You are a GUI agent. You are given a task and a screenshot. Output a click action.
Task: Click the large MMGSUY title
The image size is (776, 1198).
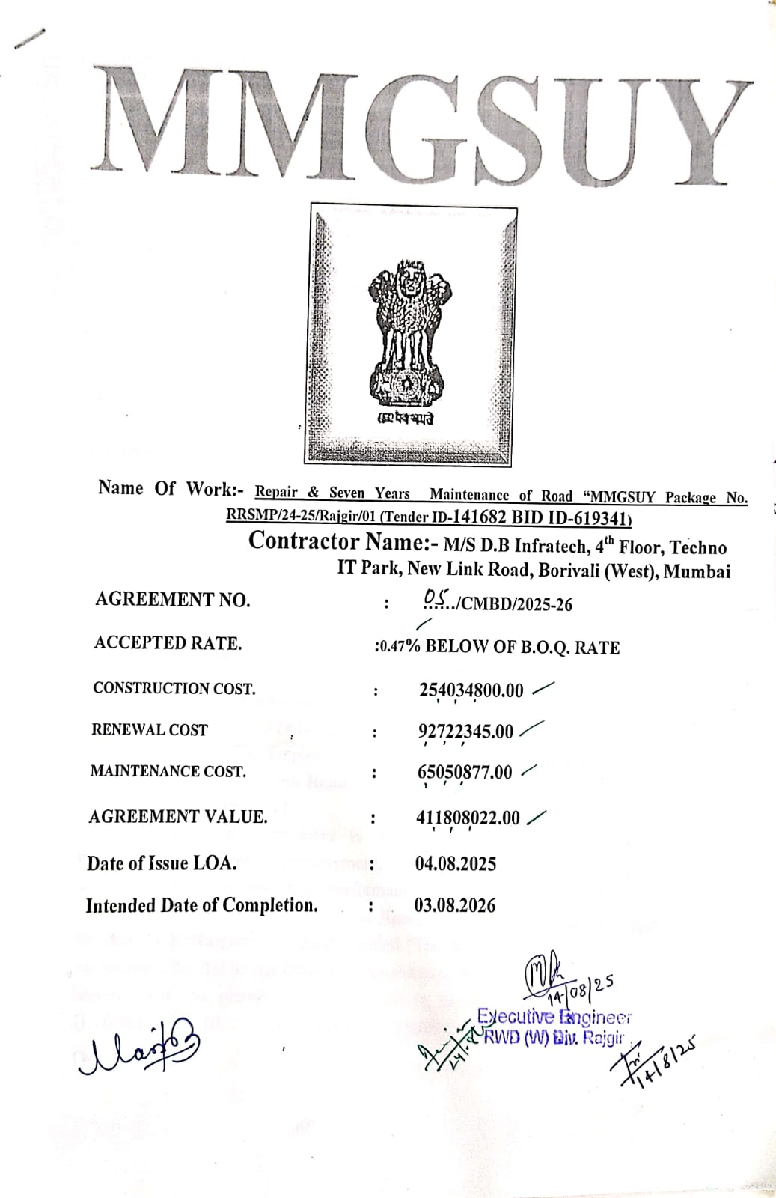tap(423, 124)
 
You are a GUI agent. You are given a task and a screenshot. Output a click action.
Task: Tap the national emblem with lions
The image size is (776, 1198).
tap(409, 338)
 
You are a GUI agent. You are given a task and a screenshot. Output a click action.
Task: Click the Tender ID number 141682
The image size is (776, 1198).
tap(480, 517)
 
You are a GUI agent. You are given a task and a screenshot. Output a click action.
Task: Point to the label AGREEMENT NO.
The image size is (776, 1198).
tap(172, 599)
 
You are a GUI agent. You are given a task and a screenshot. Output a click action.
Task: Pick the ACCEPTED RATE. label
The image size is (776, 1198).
tap(168, 643)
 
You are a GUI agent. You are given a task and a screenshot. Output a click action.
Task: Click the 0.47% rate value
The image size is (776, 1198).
tap(399, 646)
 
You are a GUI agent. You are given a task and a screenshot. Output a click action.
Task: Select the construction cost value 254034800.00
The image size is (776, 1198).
tap(471, 690)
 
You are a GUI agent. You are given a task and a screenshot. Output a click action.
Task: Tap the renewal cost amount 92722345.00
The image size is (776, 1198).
tap(465, 732)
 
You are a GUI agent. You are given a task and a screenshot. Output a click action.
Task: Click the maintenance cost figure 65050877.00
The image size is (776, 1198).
tap(465, 773)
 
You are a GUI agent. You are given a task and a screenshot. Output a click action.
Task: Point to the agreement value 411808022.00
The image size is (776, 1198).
tap(468, 818)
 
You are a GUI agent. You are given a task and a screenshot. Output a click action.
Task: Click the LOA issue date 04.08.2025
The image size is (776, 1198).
tap(455, 864)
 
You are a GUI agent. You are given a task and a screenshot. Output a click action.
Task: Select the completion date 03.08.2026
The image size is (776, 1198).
tap(454, 906)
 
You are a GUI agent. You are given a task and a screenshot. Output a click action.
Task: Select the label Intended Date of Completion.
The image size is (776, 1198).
tap(201, 906)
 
